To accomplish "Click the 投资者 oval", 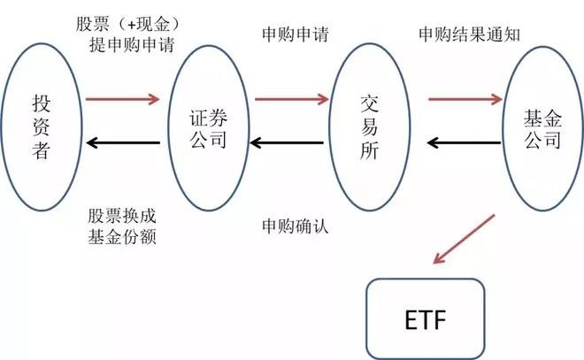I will (x=42, y=129).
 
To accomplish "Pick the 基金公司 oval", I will (x=542, y=129).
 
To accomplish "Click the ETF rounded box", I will (x=425, y=318).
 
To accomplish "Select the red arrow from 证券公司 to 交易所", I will (x=290, y=99).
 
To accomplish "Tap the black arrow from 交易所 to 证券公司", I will (x=290, y=142).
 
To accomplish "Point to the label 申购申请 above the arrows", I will (x=296, y=35).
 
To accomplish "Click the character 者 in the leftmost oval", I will (x=42, y=152).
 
